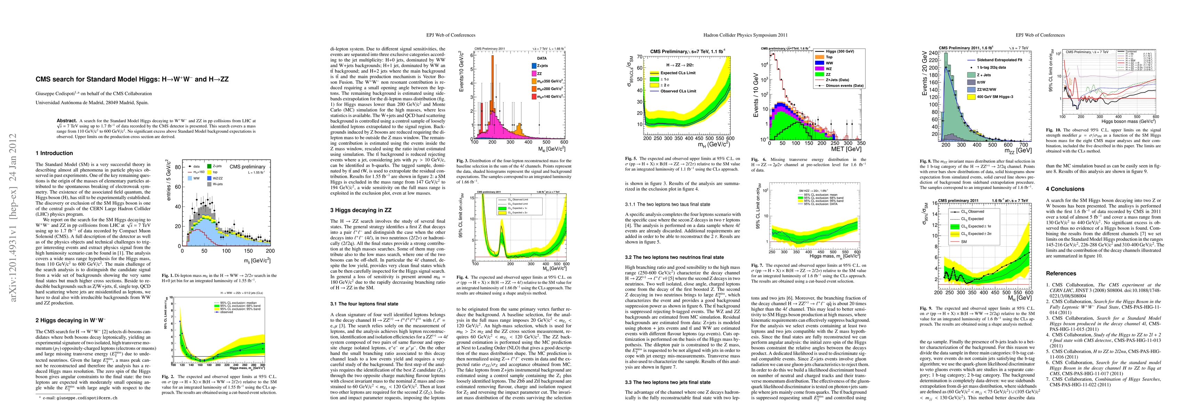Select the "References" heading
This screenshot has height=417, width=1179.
click(x=1061, y=273)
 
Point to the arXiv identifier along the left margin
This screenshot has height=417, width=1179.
click(x=14, y=218)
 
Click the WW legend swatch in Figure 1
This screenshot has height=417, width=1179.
click(x=189, y=178)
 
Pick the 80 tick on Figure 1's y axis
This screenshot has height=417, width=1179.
click(x=178, y=167)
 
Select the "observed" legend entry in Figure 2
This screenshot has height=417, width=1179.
click(x=226, y=312)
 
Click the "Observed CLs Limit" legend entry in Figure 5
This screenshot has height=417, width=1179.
click(x=678, y=91)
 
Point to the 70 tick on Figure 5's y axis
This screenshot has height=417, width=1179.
click(x=640, y=57)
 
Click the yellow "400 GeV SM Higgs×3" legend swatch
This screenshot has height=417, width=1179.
click(x=971, y=97)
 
